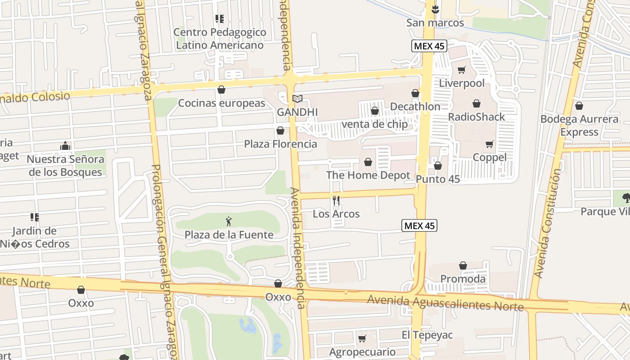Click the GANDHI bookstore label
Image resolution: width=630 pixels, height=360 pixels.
coord(297,112)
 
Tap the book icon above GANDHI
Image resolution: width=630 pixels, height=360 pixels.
coord(297,99)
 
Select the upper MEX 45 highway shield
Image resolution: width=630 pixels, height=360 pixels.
coord(428,46)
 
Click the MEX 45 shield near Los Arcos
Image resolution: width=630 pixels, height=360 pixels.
coord(419,226)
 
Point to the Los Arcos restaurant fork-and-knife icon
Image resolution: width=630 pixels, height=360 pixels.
coord(336,201)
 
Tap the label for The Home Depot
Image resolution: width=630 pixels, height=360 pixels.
coord(368,175)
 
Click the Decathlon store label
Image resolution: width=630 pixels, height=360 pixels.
coord(415,107)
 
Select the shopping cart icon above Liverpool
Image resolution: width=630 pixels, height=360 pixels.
coord(461,70)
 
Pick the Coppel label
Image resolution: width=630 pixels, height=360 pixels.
coord(490,157)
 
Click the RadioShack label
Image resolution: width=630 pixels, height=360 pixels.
coord(477,117)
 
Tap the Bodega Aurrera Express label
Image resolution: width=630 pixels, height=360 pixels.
coord(579,126)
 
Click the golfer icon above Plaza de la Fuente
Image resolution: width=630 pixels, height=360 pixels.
coord(229,221)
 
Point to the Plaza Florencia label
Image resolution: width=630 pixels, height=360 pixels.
coord(280,144)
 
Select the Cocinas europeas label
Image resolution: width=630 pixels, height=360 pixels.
coord(222,103)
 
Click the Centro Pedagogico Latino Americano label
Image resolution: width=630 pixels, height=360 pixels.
coord(220,39)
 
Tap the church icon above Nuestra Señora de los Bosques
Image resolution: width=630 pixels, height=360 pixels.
coord(65,146)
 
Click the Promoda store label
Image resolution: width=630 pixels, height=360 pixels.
coord(463,279)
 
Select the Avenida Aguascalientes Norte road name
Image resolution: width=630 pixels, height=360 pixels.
coord(445,303)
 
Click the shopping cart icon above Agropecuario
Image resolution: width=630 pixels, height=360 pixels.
coord(362,338)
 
